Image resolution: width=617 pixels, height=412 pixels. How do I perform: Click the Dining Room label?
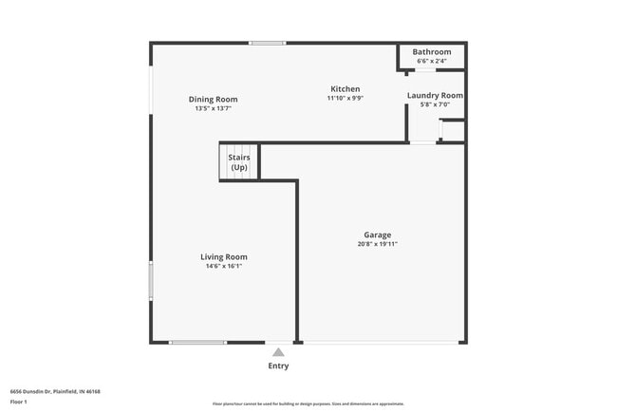(x=213, y=99)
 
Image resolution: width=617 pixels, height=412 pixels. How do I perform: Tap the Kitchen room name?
(x=345, y=88)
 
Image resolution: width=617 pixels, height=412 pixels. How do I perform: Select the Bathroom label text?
(x=432, y=51)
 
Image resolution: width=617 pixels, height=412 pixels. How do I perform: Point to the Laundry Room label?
(x=435, y=95)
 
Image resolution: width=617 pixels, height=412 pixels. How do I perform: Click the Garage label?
(x=377, y=234)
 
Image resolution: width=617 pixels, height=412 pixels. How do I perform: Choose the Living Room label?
(x=223, y=256)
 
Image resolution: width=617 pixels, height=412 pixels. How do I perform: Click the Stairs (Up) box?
(x=239, y=161)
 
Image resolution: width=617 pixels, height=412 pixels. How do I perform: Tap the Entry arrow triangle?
(x=278, y=352)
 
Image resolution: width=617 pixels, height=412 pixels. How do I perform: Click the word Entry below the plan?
(x=278, y=366)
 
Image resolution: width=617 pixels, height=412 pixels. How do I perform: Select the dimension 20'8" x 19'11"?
(x=377, y=244)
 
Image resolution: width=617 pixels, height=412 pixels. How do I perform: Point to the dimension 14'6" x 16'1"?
(x=224, y=266)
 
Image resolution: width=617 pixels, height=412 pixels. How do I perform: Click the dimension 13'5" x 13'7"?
(x=213, y=108)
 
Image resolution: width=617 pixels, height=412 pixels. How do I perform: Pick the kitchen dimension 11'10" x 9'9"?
(x=345, y=98)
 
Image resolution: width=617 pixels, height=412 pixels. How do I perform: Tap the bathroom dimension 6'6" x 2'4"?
(x=432, y=61)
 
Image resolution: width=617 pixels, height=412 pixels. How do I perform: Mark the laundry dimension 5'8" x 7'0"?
(x=435, y=104)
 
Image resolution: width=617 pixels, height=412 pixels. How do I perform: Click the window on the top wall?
(x=268, y=43)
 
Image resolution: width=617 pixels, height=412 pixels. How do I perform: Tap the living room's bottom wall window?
(x=197, y=342)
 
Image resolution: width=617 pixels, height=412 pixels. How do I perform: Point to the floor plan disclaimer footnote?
(x=308, y=403)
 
